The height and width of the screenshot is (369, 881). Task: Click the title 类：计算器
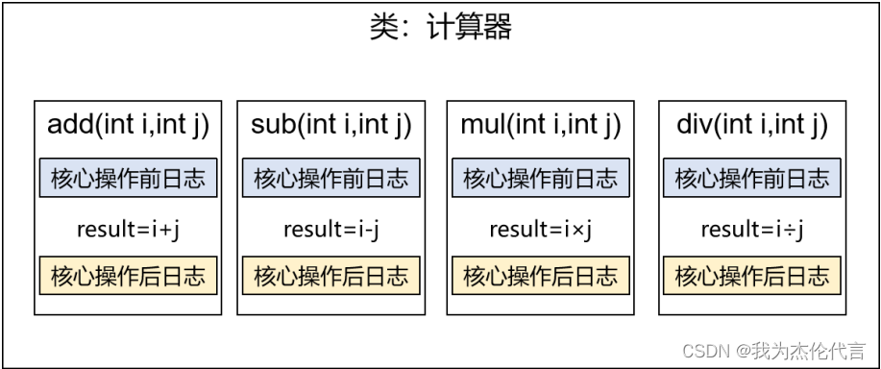pos(441,27)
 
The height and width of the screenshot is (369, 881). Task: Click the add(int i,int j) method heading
pos(128,125)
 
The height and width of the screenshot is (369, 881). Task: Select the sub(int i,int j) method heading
pos(330,125)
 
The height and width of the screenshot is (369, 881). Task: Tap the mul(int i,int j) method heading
pos(540,125)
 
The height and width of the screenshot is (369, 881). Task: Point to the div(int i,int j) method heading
pos(751,125)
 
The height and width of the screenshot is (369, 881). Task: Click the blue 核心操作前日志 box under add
pos(128,178)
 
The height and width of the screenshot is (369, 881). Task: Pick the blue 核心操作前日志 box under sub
pos(330,178)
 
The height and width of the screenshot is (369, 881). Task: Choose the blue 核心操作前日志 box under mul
pos(540,178)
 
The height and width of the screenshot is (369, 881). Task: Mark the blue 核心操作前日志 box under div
pos(751,178)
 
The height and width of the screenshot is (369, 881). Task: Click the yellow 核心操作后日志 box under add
pos(128,276)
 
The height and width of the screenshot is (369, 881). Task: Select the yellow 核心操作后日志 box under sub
pos(330,276)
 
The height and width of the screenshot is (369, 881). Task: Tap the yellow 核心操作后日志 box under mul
pos(540,276)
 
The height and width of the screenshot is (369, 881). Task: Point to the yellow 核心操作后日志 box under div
pos(751,276)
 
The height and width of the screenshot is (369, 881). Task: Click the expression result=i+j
pos(128,229)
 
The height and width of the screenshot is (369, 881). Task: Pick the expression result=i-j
pos(330,229)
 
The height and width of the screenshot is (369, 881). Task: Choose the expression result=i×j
pos(540,229)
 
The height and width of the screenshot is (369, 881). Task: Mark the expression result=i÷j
pos(751,229)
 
